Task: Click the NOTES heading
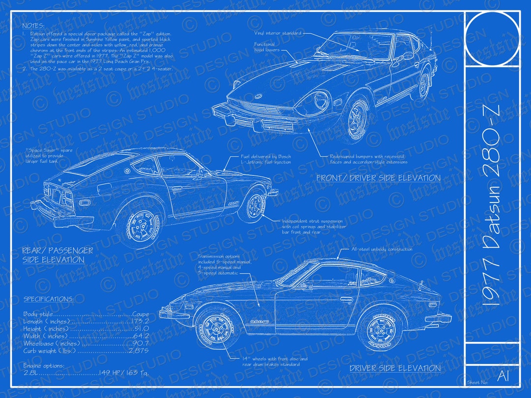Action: [x=33, y=26]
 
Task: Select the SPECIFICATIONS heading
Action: [x=49, y=299]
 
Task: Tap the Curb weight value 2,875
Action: [x=138, y=351]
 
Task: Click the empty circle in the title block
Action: [x=492, y=39]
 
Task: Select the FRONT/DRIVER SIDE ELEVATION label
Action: [x=378, y=178]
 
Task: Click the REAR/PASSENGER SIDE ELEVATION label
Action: [x=57, y=255]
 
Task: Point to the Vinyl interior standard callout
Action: [x=278, y=33]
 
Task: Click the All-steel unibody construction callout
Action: [x=382, y=250]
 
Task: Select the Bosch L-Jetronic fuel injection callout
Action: [x=265, y=159]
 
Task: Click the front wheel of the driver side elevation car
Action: [x=216, y=327]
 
